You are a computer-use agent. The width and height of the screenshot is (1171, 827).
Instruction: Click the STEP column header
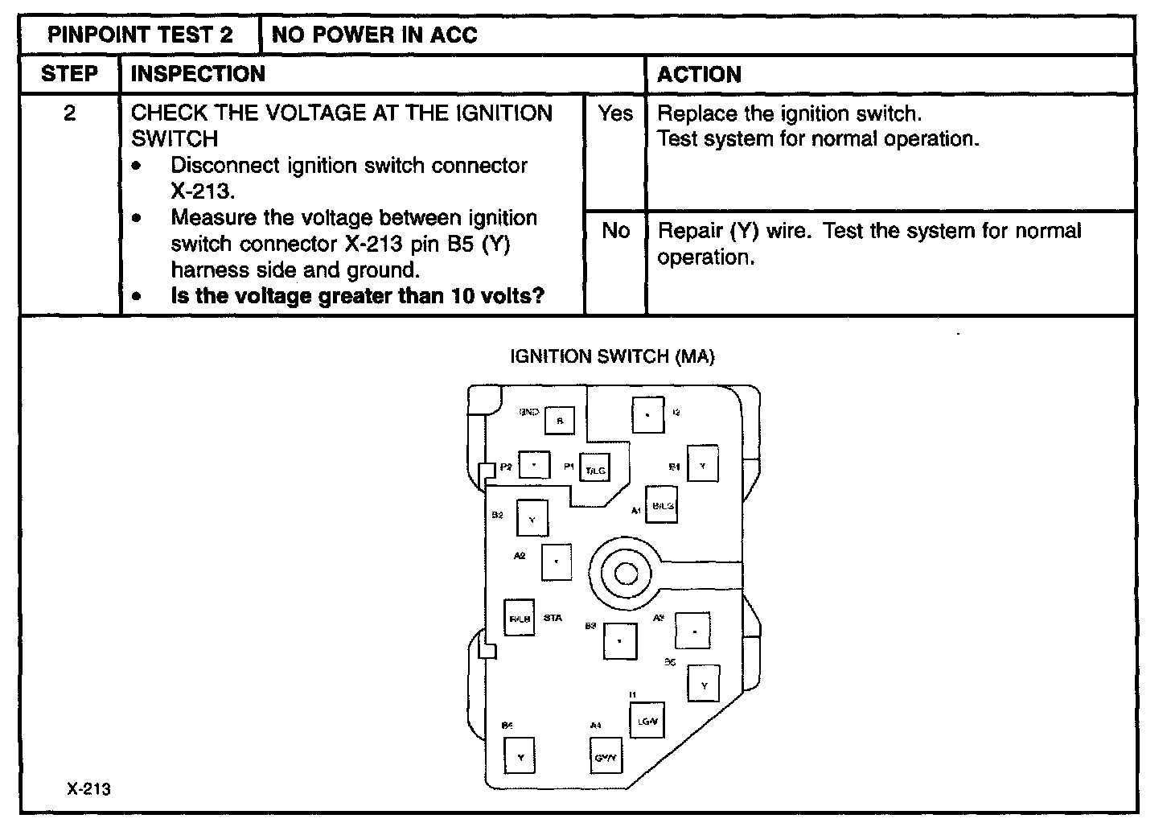coord(69,74)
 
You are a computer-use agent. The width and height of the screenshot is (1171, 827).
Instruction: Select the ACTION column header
coord(699,75)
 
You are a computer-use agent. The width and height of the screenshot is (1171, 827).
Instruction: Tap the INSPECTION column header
coord(198,74)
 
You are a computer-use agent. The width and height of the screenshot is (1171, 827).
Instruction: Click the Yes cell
coord(615,114)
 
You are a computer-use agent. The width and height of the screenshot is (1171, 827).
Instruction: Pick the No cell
coord(615,231)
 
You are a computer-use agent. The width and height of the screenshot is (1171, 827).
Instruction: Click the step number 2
coord(69,113)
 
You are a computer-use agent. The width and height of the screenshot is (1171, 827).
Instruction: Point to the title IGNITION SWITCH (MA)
coord(612,356)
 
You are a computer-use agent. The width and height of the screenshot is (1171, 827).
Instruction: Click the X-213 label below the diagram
coord(88,788)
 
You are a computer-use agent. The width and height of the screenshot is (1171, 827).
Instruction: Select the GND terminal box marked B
coord(560,420)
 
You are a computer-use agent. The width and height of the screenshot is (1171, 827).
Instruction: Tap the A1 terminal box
coord(662,505)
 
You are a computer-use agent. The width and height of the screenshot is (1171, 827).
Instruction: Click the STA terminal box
coord(520,618)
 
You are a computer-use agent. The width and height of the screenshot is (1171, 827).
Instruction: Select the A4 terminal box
coord(605,755)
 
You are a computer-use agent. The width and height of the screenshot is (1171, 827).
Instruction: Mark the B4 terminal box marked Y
coord(520,755)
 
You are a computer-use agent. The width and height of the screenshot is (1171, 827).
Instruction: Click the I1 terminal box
coord(647,721)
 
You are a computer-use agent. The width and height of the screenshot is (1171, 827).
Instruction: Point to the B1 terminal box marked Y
coord(702,465)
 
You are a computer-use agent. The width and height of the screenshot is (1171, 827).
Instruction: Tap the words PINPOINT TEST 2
coord(140,35)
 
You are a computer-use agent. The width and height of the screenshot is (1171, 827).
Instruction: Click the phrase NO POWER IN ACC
coord(374,35)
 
